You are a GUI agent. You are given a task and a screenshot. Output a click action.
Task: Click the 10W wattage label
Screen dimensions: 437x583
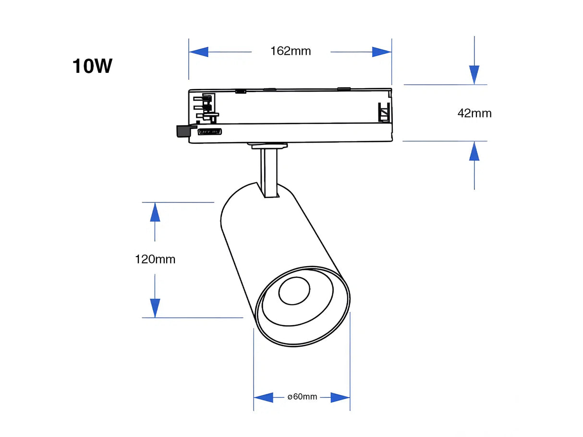[x=92, y=66]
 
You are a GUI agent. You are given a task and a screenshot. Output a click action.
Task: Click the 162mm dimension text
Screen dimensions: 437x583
[x=291, y=51]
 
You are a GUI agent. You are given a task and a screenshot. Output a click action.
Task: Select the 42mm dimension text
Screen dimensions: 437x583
[x=474, y=113]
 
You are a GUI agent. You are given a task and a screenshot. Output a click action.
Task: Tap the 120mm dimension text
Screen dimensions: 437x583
[x=155, y=260]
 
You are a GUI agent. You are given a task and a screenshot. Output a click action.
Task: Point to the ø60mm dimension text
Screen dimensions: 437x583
[x=302, y=397]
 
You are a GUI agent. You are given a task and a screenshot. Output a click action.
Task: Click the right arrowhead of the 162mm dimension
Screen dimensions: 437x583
[x=382, y=52]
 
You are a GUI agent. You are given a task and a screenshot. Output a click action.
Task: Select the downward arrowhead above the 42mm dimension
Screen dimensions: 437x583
[x=474, y=75]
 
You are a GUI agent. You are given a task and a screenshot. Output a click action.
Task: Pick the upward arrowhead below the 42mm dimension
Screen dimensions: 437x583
[x=474, y=151]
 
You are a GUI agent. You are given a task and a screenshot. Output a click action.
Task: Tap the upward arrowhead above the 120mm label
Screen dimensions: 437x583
[x=155, y=212]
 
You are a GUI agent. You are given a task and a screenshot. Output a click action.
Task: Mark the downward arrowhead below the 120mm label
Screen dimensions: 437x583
[x=155, y=307]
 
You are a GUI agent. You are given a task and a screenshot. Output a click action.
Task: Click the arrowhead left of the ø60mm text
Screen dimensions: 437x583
[x=263, y=397]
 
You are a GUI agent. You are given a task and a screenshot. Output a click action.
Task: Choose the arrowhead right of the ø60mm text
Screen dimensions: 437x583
[x=340, y=397]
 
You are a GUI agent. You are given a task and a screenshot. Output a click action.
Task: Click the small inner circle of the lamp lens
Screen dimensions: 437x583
[x=294, y=291]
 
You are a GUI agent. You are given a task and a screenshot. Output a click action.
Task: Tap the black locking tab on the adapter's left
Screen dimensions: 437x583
[x=183, y=130]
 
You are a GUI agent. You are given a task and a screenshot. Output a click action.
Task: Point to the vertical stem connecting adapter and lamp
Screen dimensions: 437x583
[x=269, y=173]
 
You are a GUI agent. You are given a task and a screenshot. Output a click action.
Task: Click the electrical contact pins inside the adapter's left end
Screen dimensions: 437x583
[x=205, y=108]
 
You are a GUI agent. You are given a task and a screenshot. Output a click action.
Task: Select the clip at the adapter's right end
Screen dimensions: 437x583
[x=384, y=112]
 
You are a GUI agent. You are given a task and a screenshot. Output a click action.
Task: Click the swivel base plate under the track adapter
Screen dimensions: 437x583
[x=267, y=145]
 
